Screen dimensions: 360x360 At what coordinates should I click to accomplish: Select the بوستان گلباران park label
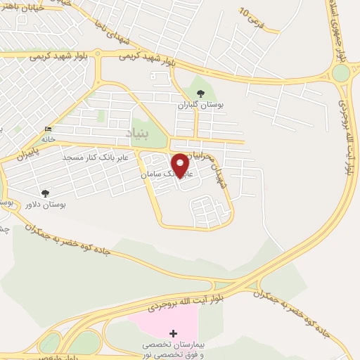click(x=200, y=104)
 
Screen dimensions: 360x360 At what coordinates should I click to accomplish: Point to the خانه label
click(x=48, y=139)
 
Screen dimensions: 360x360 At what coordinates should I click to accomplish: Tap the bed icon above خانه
click(x=48, y=129)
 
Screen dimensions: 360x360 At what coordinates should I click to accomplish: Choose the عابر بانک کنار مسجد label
click(x=96, y=157)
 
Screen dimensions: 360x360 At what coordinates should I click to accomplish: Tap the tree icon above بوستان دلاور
click(x=46, y=193)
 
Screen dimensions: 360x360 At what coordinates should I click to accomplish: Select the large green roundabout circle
click(x=341, y=72)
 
